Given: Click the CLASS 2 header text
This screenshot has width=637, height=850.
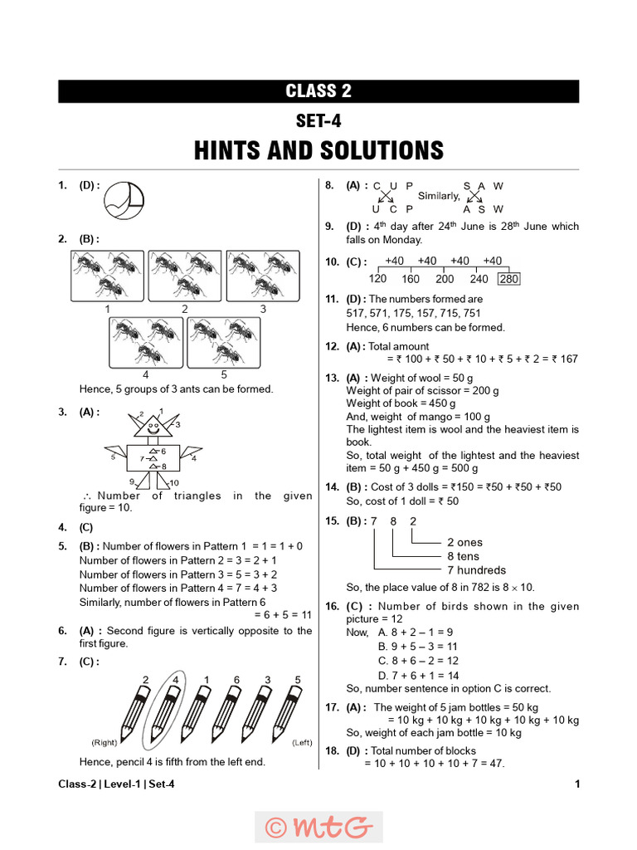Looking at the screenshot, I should point(318,91).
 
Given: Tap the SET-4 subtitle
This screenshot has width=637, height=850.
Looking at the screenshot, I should point(318,120).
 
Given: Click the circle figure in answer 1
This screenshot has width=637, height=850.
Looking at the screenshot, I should point(125,198).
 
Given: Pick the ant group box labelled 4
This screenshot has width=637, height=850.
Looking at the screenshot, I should point(146,342).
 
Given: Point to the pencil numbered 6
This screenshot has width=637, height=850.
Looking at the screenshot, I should point(229,712).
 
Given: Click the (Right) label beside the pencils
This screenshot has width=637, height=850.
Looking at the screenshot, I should point(104,741).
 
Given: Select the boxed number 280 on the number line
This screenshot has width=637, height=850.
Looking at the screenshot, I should point(508,279).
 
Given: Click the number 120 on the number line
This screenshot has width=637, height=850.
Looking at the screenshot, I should point(378,279).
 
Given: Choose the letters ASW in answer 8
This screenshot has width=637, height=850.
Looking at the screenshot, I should point(484,209).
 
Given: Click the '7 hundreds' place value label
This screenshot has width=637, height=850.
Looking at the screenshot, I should point(476,570).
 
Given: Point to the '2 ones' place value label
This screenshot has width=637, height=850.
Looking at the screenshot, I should point(464,542).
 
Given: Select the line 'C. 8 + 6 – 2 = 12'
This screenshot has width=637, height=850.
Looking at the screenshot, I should point(418,661).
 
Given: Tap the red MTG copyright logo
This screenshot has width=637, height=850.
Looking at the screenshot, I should point(318,827).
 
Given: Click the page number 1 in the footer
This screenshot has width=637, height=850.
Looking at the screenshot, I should point(576,784).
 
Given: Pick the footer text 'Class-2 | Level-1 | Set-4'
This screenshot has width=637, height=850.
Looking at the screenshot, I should point(117,784).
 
